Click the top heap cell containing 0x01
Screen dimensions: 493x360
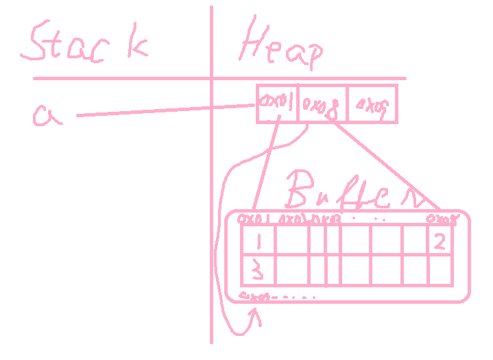click(x=277, y=104)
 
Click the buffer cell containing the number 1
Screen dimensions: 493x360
click(x=257, y=240)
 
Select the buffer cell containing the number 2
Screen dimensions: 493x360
click(x=440, y=240)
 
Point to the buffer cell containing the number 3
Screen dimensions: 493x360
click(x=257, y=270)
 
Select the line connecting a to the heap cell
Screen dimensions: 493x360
click(x=165, y=111)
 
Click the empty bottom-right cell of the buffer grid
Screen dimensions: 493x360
click(x=440, y=270)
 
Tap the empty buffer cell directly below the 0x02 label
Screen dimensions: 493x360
click(x=291, y=240)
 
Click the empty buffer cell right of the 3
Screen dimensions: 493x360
click(x=291, y=270)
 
